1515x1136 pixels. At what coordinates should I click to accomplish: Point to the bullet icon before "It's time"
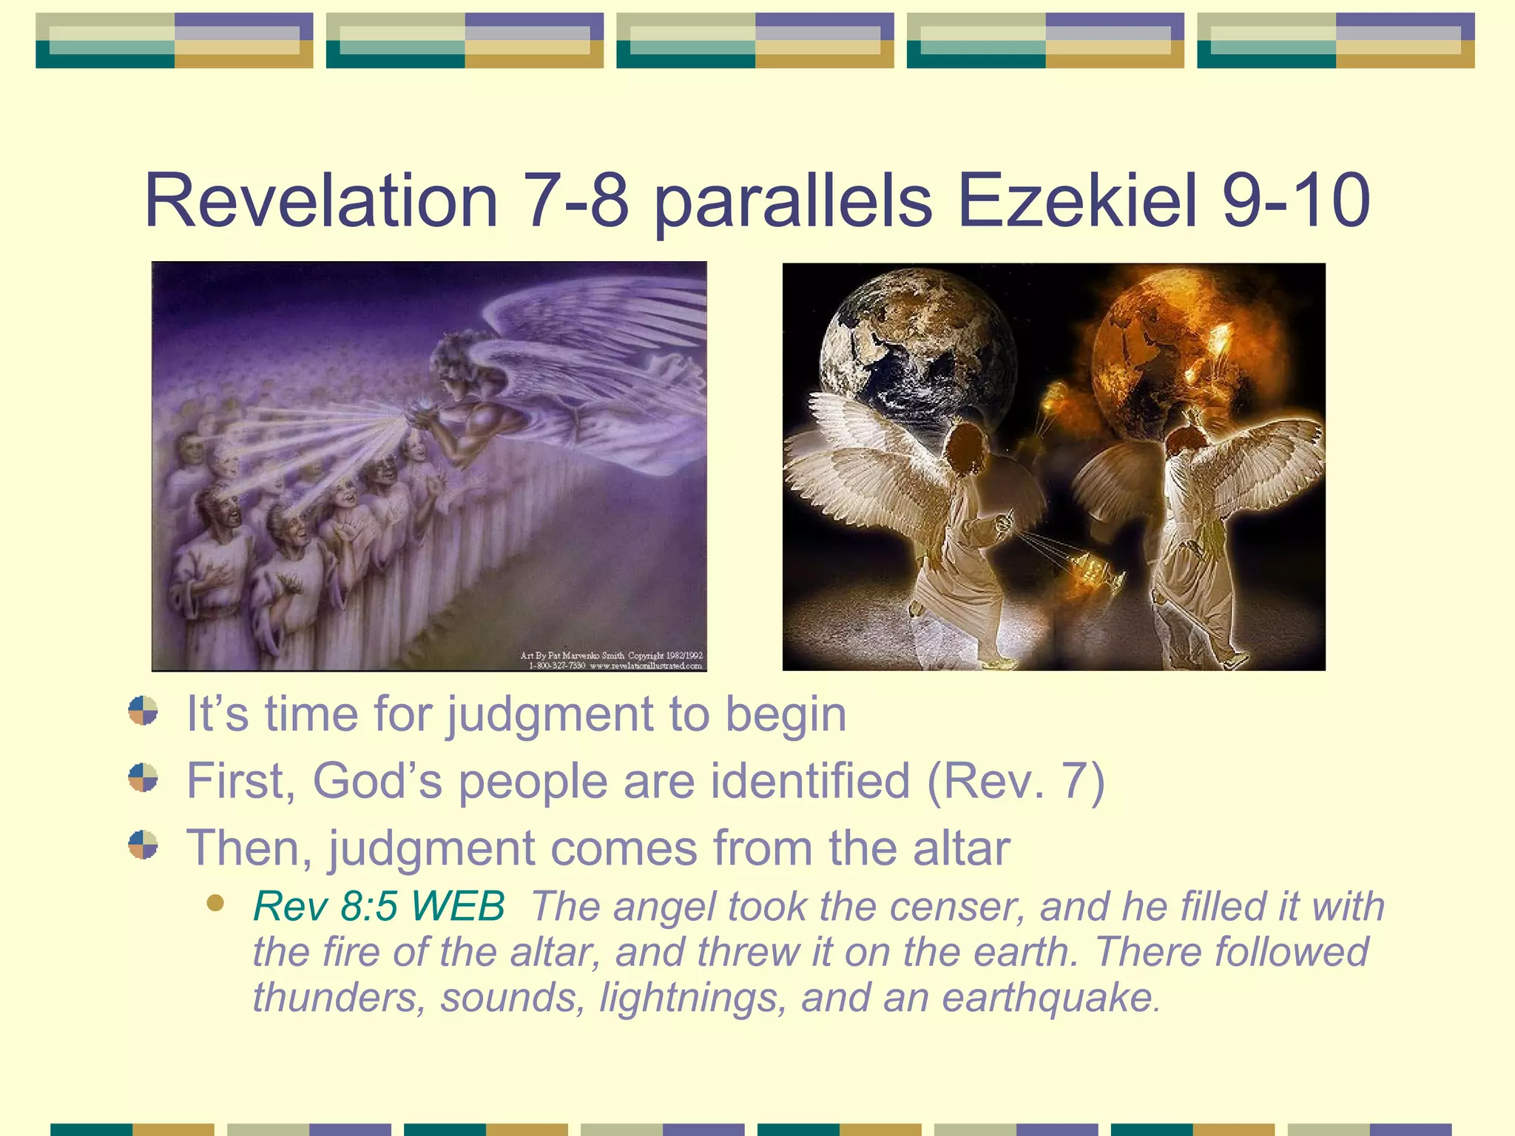click(143, 711)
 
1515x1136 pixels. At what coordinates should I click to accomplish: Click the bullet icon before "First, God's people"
click(143, 778)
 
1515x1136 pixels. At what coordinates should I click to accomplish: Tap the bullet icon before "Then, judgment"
click(143, 845)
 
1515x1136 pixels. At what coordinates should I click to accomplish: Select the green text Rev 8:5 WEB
click(379, 906)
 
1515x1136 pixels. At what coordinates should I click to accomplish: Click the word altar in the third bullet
click(961, 848)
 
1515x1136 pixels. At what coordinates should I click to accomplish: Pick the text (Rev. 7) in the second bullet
click(1016, 781)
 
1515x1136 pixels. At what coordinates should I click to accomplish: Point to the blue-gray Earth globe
click(917, 355)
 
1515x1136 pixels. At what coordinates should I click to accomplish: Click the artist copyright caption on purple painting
click(611, 660)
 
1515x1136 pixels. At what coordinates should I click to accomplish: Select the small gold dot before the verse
click(215, 903)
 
